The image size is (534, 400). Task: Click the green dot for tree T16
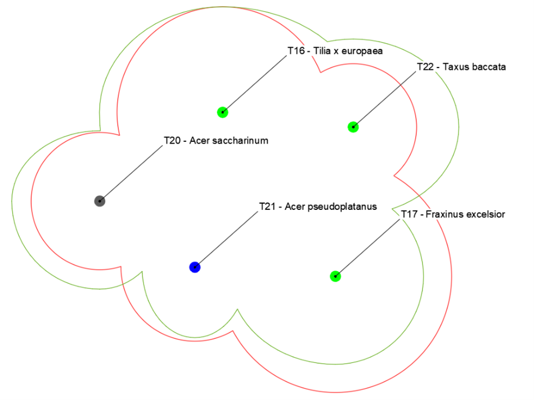tap(222, 112)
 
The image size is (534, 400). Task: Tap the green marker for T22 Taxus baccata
tap(353, 127)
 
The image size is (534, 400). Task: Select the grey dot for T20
tap(100, 201)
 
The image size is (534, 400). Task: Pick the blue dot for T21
tap(195, 267)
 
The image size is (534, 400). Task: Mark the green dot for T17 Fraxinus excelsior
tap(335, 276)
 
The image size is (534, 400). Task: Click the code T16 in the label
tap(296, 51)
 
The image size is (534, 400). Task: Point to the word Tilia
tap(322, 51)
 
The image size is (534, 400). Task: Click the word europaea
tap(362, 51)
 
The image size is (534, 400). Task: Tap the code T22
tap(425, 67)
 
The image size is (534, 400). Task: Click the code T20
tap(172, 141)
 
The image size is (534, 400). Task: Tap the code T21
tap(267, 206)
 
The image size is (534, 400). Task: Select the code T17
tap(409, 214)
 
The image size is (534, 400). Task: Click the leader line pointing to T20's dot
tap(131, 174)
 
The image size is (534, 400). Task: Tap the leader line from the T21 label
tap(226, 240)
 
